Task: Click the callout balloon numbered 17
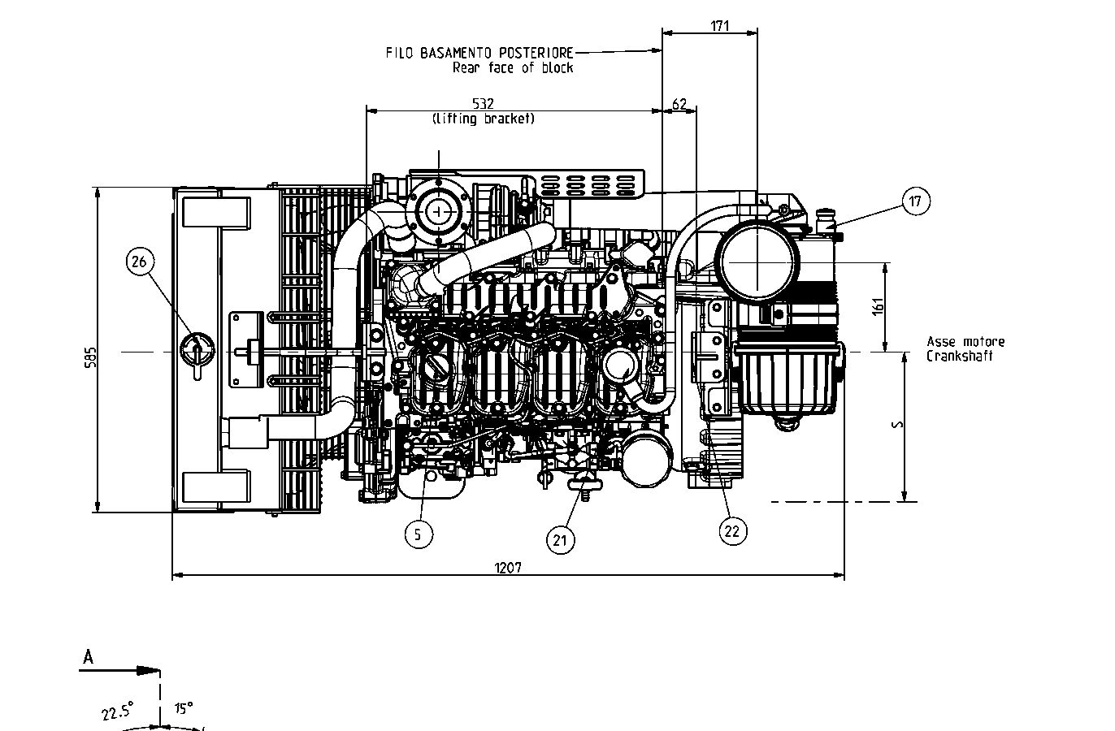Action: [x=916, y=201]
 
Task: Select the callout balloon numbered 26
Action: [x=139, y=261]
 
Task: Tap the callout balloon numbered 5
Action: [x=418, y=534]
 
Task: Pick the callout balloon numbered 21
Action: [x=560, y=539]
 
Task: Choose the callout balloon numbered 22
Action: [x=732, y=530]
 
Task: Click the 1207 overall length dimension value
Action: [x=507, y=568]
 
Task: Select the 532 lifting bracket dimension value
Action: [x=483, y=103]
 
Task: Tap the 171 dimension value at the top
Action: [x=720, y=25]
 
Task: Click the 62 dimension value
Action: [x=679, y=104]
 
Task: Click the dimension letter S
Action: [x=894, y=425]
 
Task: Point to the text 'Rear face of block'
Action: [x=512, y=68]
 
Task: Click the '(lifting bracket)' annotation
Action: [x=483, y=119]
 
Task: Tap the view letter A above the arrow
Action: [x=88, y=657]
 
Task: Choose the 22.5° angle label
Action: [x=118, y=712]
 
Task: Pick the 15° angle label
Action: [x=183, y=709]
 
